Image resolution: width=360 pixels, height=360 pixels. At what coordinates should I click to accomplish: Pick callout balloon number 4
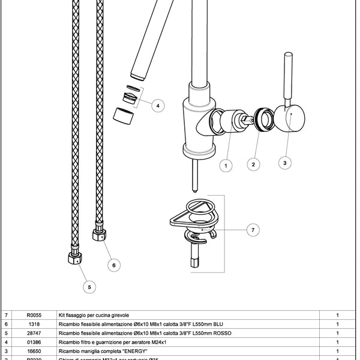(157, 106)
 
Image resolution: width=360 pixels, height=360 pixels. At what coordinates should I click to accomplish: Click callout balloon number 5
(88, 287)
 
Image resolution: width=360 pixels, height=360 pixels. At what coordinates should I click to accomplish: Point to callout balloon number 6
(115, 263)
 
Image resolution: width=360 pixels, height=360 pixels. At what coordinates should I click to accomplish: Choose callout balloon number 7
(254, 229)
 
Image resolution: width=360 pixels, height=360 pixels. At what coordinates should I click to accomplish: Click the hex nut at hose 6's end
(101, 232)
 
